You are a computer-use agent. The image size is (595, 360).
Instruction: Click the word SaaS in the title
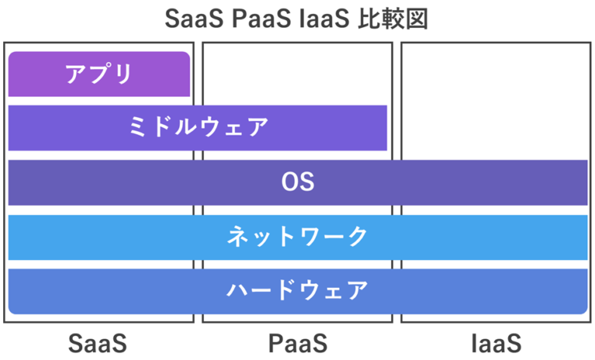[x=197, y=19]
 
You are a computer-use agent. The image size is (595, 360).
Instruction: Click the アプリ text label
[x=98, y=74]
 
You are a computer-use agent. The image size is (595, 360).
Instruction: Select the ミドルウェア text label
[x=198, y=128]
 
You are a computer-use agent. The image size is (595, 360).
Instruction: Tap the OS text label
[x=297, y=183]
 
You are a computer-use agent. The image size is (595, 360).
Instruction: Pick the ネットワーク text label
[x=297, y=237]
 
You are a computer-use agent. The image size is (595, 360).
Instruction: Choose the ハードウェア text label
[x=297, y=291]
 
